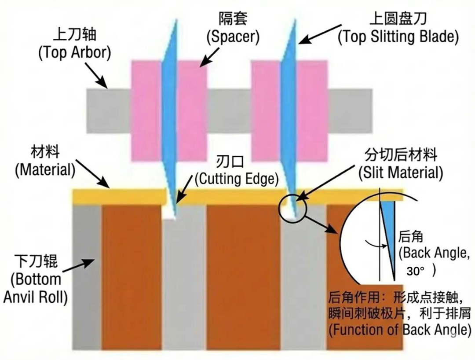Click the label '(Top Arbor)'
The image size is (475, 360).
pyautogui.click(x=74, y=52)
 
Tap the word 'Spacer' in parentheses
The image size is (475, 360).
pyautogui.click(x=233, y=37)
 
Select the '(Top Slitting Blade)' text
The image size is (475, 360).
pyautogui.click(x=398, y=37)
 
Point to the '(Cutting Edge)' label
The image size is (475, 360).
pyautogui.click(x=237, y=179)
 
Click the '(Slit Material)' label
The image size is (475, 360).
pyautogui.click(x=401, y=173)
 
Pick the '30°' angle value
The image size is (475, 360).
pyautogui.click(x=416, y=271)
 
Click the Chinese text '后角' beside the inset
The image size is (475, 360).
pyautogui.click(x=410, y=237)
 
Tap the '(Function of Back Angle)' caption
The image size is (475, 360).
pyautogui.click(x=400, y=329)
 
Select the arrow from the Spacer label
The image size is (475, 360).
pyautogui.click(x=210, y=57)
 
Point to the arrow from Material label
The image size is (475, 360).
pyautogui.click(x=92, y=173)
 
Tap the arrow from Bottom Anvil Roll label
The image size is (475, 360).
pyautogui.click(x=78, y=265)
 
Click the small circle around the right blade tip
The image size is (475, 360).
pyautogui.click(x=292, y=209)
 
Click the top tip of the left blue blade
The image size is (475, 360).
pyautogui.click(x=175, y=20)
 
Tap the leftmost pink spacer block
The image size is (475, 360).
pyautogui.click(x=146, y=110)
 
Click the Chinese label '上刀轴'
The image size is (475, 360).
pyautogui.click(x=75, y=35)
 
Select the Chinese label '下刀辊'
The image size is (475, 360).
pyautogui.click(x=37, y=261)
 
